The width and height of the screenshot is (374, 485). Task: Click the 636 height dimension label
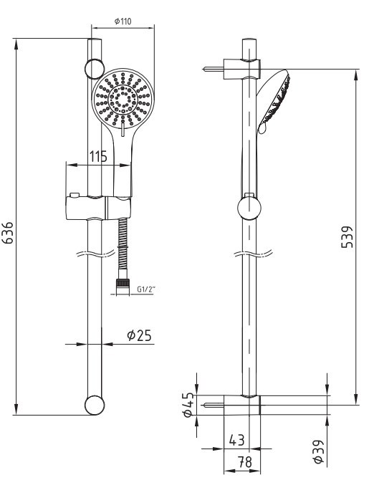pyautogui.click(x=8, y=233)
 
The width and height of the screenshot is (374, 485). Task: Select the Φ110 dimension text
pyautogui.click(x=123, y=21)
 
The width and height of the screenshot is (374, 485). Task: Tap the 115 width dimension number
pyautogui.click(x=98, y=156)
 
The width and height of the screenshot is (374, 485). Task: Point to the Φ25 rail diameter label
pyautogui.click(x=139, y=335)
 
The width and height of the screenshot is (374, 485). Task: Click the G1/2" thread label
pyautogui.click(x=146, y=290)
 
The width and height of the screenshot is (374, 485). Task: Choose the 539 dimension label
pyautogui.click(x=347, y=237)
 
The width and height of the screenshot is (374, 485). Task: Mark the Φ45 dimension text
pyautogui.click(x=188, y=405)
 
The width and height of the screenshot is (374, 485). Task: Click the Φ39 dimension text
pyautogui.click(x=318, y=452)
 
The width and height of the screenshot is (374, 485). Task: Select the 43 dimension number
pyautogui.click(x=236, y=440)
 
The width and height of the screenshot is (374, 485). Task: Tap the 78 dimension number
pyautogui.click(x=245, y=462)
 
